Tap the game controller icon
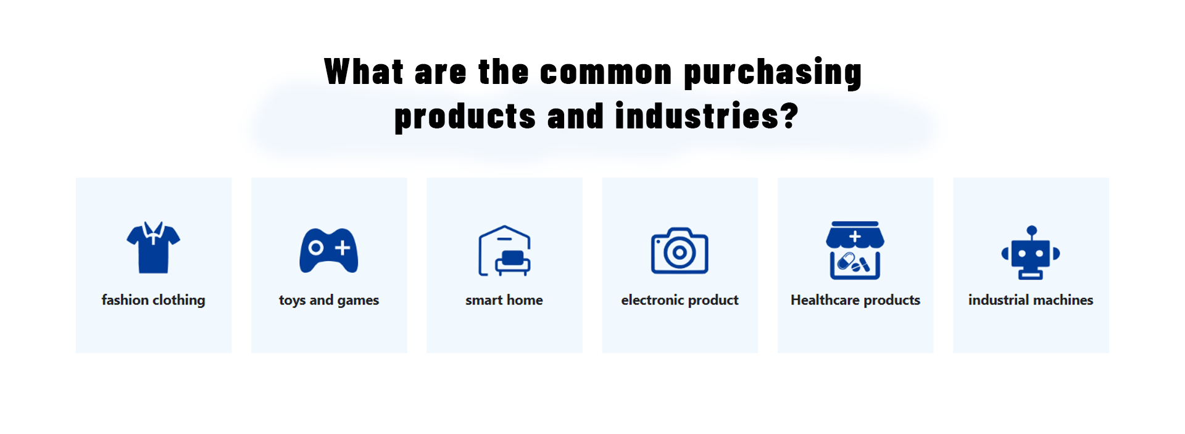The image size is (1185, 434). (x=329, y=250)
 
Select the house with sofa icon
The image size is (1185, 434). (x=504, y=251)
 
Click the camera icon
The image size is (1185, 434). (x=680, y=250)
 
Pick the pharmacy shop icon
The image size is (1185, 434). (x=855, y=250)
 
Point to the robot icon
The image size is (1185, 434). (x=1031, y=252)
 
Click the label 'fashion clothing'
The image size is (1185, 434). (x=153, y=301)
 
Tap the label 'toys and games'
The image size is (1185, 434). (x=329, y=301)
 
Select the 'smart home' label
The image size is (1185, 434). (x=504, y=300)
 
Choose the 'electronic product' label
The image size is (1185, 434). (x=680, y=300)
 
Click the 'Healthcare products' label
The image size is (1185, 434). (x=855, y=300)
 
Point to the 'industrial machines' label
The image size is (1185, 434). (x=1031, y=300)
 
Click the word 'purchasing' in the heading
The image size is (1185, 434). (x=773, y=73)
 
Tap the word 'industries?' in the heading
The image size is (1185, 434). (x=707, y=116)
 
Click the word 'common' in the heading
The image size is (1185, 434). (x=606, y=73)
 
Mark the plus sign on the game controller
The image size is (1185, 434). (x=343, y=248)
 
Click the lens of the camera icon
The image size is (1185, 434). (x=680, y=252)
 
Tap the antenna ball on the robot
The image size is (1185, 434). (x=1031, y=230)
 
